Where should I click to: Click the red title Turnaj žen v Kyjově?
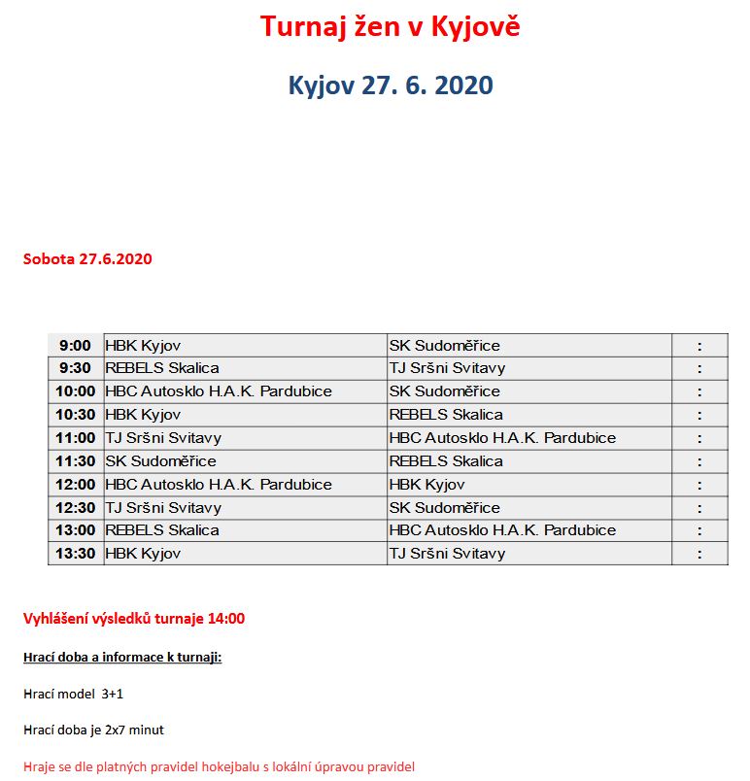(390, 26)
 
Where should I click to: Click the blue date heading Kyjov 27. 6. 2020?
(390, 85)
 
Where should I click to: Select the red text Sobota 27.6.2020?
(87, 259)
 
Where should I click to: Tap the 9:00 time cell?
(75, 346)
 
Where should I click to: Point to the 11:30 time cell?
(75, 461)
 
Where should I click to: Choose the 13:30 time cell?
(75, 554)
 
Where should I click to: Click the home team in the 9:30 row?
(162, 368)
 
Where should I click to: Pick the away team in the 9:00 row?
(444, 346)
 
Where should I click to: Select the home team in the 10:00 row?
(219, 391)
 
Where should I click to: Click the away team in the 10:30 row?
(446, 415)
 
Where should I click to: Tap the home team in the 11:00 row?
(163, 438)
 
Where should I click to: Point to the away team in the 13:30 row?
(447, 554)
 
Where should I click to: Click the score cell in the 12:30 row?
(699, 508)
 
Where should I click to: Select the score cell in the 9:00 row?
(699, 346)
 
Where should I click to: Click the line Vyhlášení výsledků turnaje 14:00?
(134, 618)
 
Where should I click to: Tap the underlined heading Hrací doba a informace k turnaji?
(122, 658)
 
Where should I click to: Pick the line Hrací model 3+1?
(74, 694)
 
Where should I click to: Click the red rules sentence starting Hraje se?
(219, 766)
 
